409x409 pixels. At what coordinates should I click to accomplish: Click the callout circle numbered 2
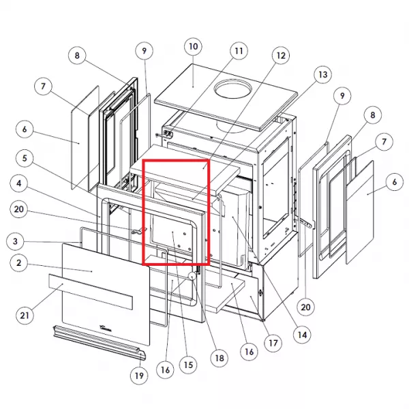[x=18, y=263]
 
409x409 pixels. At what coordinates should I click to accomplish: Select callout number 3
[x=15, y=241]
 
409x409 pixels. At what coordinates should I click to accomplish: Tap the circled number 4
[x=18, y=183]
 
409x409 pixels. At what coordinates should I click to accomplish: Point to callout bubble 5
[x=25, y=158]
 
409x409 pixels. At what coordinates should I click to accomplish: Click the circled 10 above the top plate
[x=193, y=46]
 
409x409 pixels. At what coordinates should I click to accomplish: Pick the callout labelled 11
[x=239, y=51]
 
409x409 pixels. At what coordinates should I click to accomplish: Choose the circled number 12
[x=281, y=55]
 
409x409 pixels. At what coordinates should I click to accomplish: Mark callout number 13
[x=323, y=74]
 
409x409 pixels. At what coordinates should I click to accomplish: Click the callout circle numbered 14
[x=302, y=335]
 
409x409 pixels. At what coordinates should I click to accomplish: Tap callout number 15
[x=188, y=365]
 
